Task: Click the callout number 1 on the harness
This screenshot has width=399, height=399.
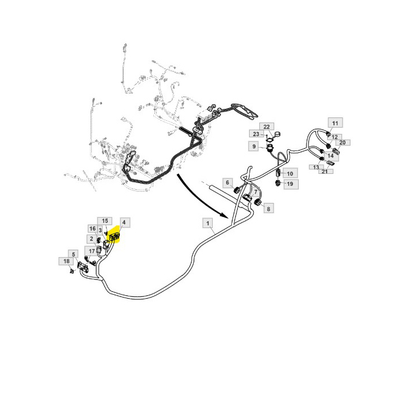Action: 209,223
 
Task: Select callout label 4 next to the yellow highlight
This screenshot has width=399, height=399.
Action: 124,222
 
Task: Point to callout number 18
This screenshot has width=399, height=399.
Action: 67,261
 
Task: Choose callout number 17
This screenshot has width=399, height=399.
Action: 91,250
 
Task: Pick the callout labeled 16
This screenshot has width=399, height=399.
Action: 92,229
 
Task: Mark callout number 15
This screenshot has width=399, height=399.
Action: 104,221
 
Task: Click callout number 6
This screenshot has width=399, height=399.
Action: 227,182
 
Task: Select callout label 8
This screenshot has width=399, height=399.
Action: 268,209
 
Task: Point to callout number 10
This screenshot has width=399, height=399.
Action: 290,173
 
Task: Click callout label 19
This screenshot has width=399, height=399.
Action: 290,184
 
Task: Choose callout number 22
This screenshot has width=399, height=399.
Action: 266,126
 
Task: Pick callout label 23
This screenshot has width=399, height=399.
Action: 256,134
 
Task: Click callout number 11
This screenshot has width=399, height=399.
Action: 335,123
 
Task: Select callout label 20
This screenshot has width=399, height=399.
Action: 343,142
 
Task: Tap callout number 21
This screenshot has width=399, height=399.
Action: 324,171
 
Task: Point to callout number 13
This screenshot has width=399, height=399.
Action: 315,166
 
